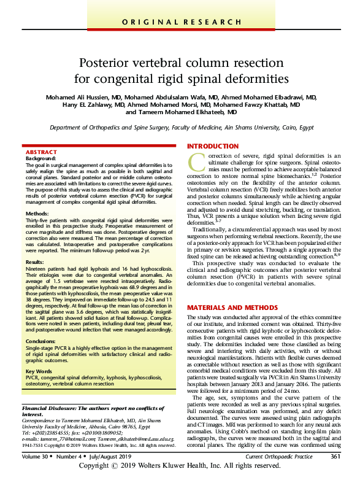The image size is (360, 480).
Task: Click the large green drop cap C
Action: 196,163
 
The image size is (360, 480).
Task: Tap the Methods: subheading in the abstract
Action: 37,214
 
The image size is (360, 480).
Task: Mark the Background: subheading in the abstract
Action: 40,158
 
